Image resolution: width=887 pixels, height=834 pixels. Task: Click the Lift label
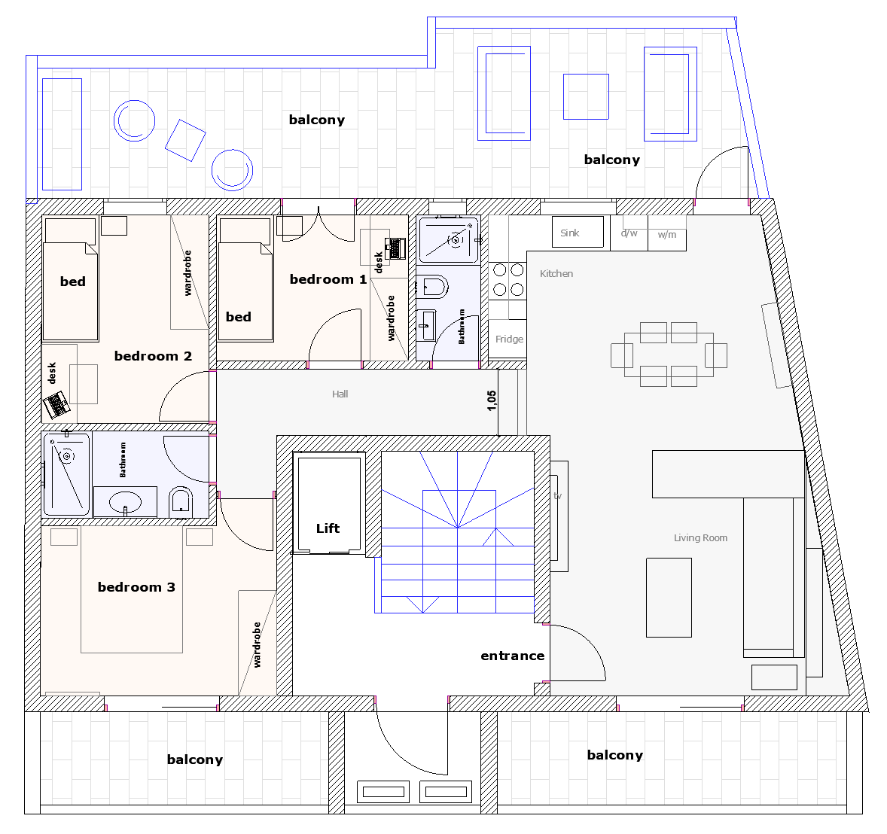pyautogui.click(x=328, y=528)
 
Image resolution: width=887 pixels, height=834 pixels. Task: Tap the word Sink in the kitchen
pyautogui.click(x=570, y=233)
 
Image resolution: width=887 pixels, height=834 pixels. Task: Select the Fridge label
pyautogui.click(x=509, y=339)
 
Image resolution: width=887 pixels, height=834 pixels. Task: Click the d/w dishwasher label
pyautogui.click(x=629, y=233)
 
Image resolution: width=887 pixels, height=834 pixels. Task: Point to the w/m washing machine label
pyautogui.click(x=667, y=235)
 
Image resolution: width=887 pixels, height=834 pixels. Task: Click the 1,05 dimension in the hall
pyautogui.click(x=492, y=400)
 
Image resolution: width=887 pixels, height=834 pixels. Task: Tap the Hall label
pyautogui.click(x=340, y=394)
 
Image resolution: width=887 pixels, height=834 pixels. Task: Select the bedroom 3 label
pyautogui.click(x=136, y=587)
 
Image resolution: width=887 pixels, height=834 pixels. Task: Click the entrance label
pyautogui.click(x=513, y=656)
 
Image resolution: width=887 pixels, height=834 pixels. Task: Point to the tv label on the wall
pyautogui.click(x=558, y=496)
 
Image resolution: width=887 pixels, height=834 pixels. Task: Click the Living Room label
pyautogui.click(x=700, y=537)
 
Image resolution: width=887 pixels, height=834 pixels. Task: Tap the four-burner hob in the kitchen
pyautogui.click(x=508, y=280)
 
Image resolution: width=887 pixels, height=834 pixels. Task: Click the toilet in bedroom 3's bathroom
pyautogui.click(x=181, y=502)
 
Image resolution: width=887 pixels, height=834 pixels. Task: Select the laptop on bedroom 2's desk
pyautogui.click(x=56, y=404)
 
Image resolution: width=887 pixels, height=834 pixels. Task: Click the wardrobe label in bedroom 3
pyautogui.click(x=257, y=644)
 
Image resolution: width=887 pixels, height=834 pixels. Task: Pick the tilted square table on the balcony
pyautogui.click(x=185, y=140)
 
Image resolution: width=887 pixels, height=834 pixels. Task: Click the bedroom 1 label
pyautogui.click(x=328, y=279)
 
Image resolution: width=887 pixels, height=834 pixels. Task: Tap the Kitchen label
pyautogui.click(x=556, y=274)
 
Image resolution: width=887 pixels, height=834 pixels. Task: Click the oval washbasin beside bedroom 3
pyautogui.click(x=125, y=501)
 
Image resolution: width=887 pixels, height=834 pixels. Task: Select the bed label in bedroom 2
pyautogui.click(x=73, y=282)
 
